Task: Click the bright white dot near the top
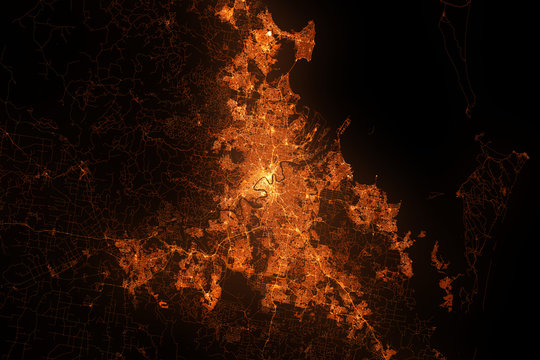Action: [x=268, y=35]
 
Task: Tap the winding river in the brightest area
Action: [x=264, y=183]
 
